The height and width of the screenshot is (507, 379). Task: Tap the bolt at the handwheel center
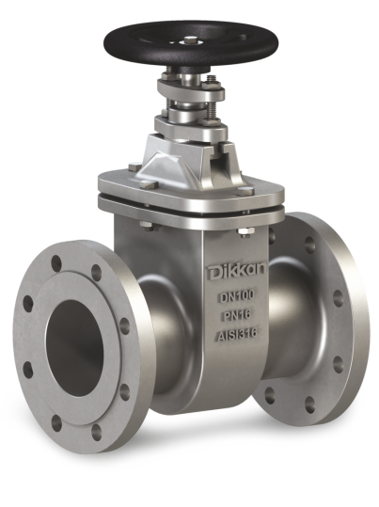(189, 40)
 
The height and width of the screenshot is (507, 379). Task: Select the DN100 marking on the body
(237, 296)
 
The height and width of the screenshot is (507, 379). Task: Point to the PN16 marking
(237, 315)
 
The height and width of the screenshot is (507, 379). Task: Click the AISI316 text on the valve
(237, 334)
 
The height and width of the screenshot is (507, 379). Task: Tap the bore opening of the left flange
(74, 348)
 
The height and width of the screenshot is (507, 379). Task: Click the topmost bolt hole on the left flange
(56, 262)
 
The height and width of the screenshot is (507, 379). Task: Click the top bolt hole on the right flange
(309, 245)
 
